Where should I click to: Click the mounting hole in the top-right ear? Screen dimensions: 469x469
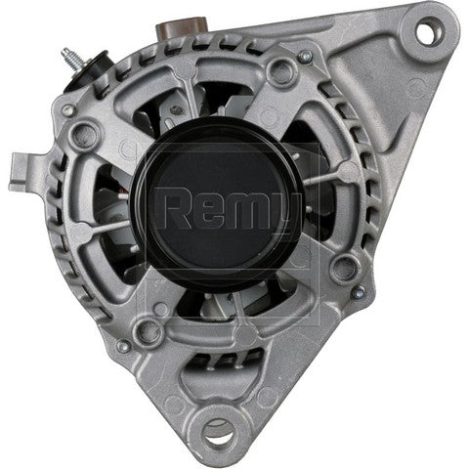click(x=425, y=32)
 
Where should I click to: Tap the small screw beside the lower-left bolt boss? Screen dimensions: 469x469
click(x=123, y=345)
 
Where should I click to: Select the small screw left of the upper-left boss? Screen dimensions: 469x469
click(x=68, y=110)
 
